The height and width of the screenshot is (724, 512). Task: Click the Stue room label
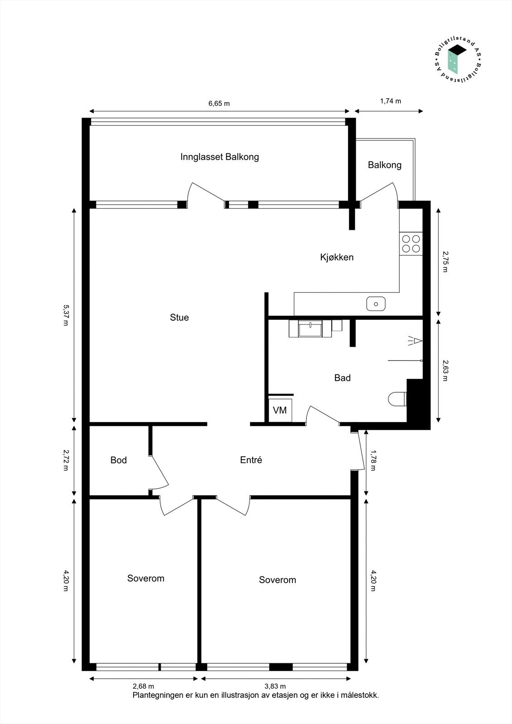pos(179,318)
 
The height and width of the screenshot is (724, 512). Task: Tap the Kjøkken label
pos(337,257)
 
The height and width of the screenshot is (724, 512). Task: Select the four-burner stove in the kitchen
pos(411,243)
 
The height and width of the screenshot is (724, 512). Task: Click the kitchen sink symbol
pos(376,304)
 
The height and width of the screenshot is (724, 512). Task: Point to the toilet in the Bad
pos(397,399)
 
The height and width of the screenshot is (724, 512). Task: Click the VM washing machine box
pos(280,410)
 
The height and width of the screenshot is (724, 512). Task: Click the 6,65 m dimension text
pos(219,104)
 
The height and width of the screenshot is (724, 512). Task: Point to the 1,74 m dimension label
pos(390,101)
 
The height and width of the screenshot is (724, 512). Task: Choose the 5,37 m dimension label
pos(66,315)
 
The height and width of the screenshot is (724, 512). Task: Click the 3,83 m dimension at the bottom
pos(275,686)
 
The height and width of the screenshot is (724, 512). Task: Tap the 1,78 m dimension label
pos(373,460)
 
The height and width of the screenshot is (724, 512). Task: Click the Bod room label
pos(119,460)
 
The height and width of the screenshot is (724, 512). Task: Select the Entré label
pos(251,460)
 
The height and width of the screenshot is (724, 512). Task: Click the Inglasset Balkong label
pos(220,157)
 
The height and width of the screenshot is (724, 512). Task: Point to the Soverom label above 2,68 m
pos(146,578)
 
